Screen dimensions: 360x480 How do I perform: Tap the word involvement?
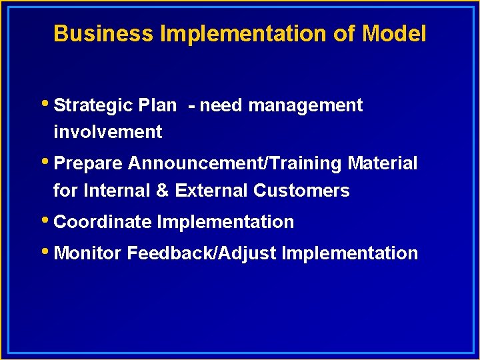(107, 132)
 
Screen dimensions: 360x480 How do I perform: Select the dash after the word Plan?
(192, 105)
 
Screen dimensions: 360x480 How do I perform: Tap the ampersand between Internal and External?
(162, 191)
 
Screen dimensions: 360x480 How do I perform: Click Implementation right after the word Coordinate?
(225, 222)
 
